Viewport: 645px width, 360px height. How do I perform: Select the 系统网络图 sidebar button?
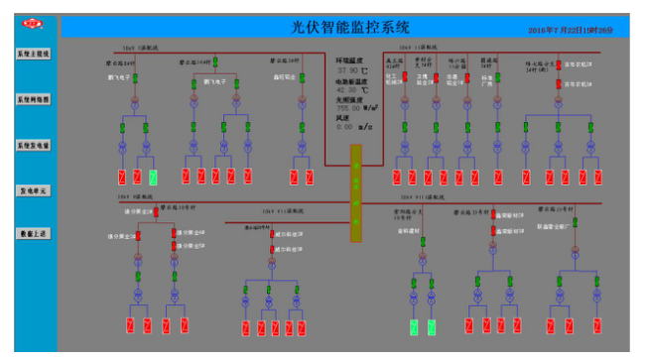[x=33, y=100]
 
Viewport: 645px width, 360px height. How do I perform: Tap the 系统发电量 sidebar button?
[x=33, y=145]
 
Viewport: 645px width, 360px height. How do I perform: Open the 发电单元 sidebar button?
[x=33, y=189]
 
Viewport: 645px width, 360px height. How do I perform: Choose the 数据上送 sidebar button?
[x=33, y=233]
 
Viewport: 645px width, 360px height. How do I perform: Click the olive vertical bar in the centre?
[x=356, y=194]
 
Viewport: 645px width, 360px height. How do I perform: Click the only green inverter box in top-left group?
[x=153, y=178]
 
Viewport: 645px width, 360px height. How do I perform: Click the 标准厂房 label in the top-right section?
[x=486, y=78]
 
